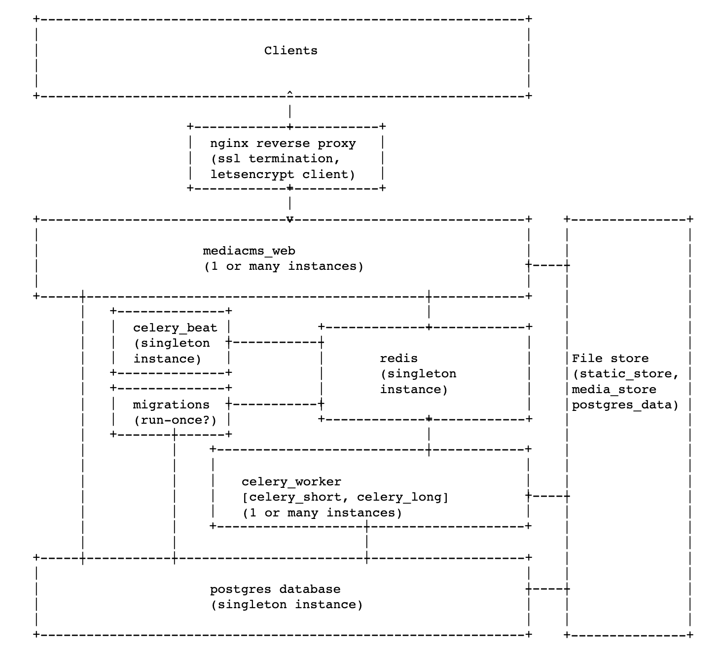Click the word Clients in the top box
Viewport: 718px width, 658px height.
point(290,51)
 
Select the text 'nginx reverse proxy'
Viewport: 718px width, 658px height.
point(283,144)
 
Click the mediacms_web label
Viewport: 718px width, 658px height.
point(249,251)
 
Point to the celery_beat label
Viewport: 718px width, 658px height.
point(175,328)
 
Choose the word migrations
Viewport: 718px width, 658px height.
point(171,405)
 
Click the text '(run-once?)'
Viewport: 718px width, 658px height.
point(175,420)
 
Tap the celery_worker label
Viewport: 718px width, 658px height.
point(291,482)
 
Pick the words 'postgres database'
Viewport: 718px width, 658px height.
point(275,589)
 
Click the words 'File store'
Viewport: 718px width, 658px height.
point(610,359)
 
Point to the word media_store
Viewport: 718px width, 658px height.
point(614,390)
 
